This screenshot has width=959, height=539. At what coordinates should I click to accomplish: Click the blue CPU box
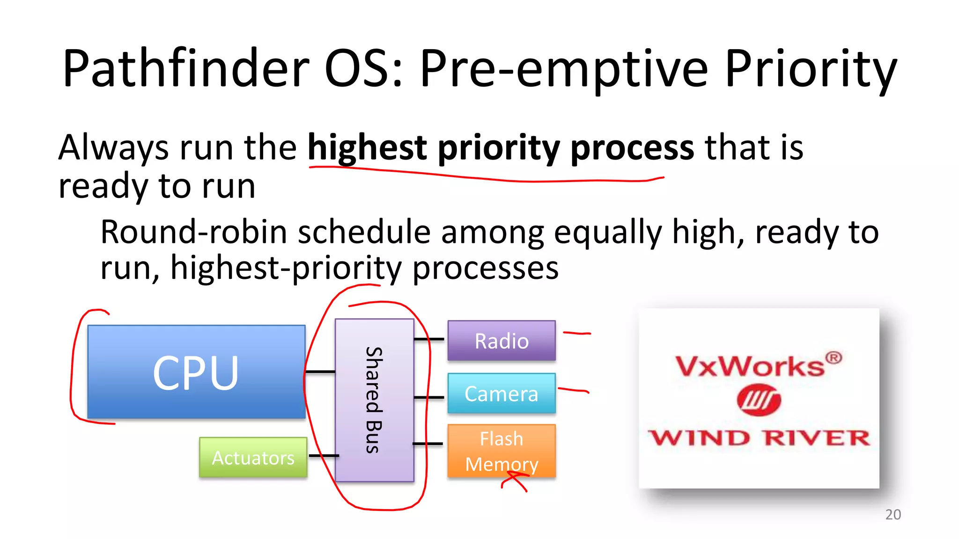click(x=196, y=372)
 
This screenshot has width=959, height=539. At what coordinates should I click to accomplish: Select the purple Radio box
click(x=502, y=341)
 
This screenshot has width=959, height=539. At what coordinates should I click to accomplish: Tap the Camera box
click(x=502, y=393)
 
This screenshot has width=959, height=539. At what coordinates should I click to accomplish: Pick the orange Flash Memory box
click(x=502, y=451)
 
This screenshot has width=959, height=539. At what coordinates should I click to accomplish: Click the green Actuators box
click(x=253, y=458)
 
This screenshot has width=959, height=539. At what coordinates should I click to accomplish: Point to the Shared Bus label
click(x=374, y=400)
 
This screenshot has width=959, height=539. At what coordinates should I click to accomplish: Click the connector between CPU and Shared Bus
click(x=320, y=371)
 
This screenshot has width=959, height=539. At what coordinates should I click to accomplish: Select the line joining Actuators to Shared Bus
click(x=323, y=455)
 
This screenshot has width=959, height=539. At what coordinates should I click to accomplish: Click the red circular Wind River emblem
click(x=759, y=400)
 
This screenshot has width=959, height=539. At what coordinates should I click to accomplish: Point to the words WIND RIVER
click(x=759, y=438)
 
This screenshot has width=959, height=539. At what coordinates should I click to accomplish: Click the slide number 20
click(x=893, y=514)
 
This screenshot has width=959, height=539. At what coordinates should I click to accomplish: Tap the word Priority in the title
click(x=811, y=69)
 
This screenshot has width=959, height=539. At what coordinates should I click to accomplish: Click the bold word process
click(x=632, y=148)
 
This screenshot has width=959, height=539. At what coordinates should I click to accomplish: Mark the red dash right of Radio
click(x=577, y=333)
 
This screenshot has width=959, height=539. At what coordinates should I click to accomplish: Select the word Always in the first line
click(x=113, y=148)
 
